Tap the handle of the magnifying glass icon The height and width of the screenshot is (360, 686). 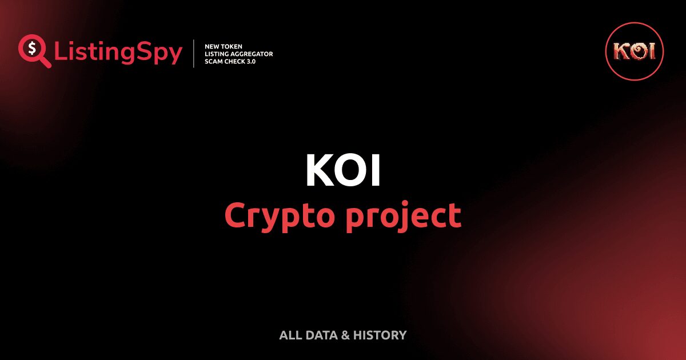point(45,62)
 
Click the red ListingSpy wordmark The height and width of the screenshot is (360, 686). point(118,53)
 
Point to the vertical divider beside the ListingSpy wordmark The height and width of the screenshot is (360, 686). point(194,53)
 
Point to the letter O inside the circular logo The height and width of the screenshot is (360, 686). point(635,51)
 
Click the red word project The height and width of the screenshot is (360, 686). point(403,216)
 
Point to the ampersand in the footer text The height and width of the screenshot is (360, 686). point(345,335)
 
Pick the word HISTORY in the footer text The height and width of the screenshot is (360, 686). point(380,335)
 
